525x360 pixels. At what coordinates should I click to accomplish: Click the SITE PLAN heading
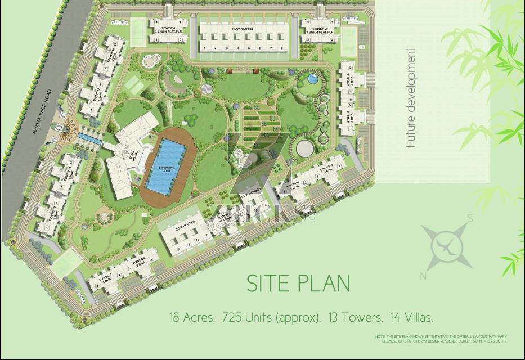coord(298,283)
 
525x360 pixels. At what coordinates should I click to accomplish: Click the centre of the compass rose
coord(447,245)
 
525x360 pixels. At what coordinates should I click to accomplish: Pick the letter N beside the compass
coord(423,276)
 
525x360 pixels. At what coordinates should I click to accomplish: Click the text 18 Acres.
coord(192,317)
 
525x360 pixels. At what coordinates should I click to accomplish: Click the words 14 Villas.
coord(408,317)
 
